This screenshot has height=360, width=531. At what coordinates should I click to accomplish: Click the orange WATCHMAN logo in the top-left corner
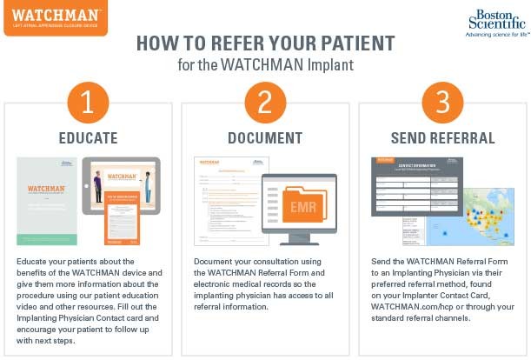click(54, 17)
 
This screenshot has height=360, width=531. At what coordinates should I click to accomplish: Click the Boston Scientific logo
click(497, 23)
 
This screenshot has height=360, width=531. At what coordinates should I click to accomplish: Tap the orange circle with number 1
click(88, 103)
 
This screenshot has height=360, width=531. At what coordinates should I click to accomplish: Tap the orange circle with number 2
click(265, 103)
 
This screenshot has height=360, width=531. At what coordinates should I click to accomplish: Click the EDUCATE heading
click(88, 138)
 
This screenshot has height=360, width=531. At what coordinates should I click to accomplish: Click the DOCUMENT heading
click(265, 138)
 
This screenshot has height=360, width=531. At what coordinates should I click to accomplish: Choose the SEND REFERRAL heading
click(441, 138)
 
